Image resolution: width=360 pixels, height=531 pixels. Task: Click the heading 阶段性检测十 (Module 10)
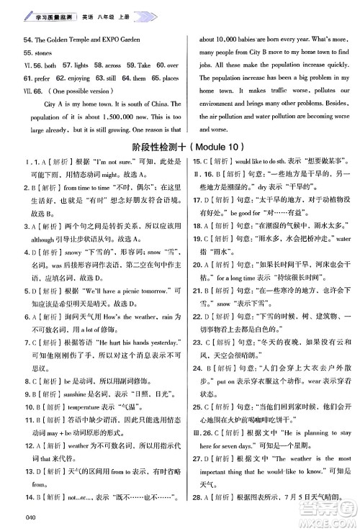pyautogui.click(x=181, y=147)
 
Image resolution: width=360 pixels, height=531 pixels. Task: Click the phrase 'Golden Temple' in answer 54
pyautogui.click(x=78, y=40)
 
